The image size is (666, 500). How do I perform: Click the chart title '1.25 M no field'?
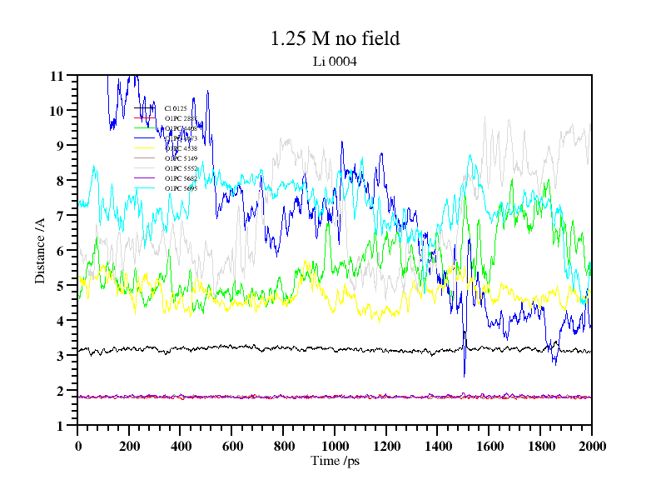click(x=335, y=38)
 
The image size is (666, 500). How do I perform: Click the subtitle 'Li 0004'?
click(x=335, y=61)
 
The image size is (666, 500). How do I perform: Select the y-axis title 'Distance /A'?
click(x=39, y=250)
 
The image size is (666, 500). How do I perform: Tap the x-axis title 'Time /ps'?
click(x=335, y=461)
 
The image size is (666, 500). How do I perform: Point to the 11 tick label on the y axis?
click(x=57, y=76)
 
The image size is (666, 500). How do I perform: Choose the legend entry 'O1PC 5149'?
click(x=180, y=158)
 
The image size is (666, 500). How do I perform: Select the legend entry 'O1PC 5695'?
click(x=180, y=188)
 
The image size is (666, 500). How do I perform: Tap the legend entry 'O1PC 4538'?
click(x=180, y=148)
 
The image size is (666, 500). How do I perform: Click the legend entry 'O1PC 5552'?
click(x=180, y=168)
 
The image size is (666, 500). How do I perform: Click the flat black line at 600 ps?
click(x=231, y=347)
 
